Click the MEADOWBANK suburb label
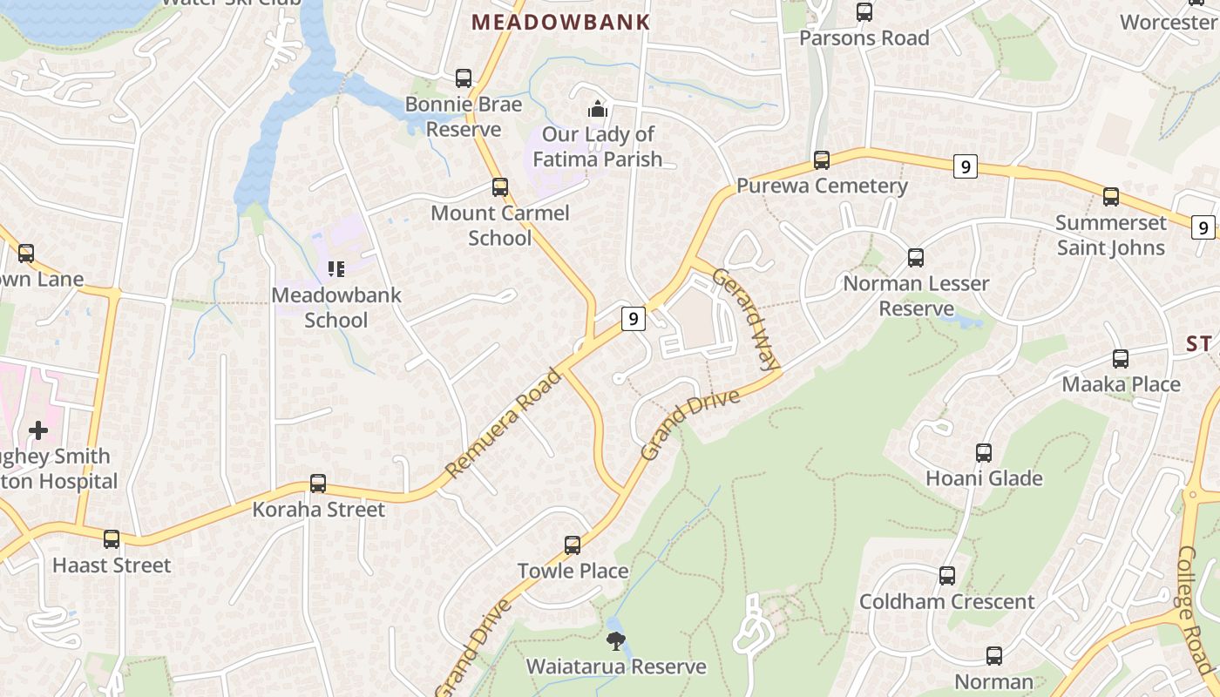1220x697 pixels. coord(561,23)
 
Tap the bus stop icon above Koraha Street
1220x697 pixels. coord(318,484)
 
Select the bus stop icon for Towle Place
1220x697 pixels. coord(573,545)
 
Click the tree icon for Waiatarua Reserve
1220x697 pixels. coord(616,642)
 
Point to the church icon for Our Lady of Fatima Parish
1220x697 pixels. coord(597,109)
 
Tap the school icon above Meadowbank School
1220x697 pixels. coord(335,269)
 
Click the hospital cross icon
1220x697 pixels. coord(38,430)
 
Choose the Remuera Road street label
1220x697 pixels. coord(504,424)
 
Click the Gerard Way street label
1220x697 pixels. coord(746,319)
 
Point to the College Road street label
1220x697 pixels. coord(1198,610)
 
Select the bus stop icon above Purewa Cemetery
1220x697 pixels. coord(822,160)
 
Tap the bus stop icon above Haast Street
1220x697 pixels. coord(112,539)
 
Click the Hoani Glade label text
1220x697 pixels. coord(984,478)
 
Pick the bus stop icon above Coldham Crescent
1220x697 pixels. coord(947,576)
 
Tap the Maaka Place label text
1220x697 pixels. coord(1121,384)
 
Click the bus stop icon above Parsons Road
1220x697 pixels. coord(864,12)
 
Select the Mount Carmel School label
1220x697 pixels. coord(500,226)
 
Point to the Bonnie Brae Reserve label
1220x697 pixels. coord(464,117)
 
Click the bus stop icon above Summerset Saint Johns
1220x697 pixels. coord(1111,197)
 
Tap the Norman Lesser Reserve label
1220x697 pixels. coord(916,296)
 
